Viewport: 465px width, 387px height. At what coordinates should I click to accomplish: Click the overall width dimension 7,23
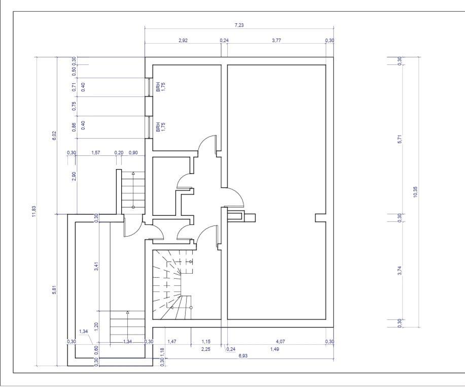point(239,25)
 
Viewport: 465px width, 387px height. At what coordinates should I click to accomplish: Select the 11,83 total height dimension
point(34,211)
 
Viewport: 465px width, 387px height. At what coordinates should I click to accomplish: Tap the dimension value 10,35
point(415,192)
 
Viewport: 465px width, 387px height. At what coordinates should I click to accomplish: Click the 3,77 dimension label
point(276,41)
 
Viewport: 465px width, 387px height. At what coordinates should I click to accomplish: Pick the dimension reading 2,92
point(183,41)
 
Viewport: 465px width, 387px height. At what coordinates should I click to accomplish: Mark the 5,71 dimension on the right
point(400,139)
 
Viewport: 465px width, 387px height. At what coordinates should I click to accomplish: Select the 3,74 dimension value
point(400,271)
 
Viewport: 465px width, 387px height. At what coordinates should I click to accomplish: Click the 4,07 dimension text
point(280,342)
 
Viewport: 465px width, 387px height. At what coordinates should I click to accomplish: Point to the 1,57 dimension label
point(95,153)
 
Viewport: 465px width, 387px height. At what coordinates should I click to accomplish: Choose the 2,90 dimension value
point(74,176)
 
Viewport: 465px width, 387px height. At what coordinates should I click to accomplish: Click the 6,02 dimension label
point(54,136)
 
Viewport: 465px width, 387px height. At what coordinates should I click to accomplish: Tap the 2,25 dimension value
point(205,349)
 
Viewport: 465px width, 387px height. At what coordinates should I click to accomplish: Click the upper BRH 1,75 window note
point(161,86)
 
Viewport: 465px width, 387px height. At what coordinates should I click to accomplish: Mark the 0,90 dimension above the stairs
point(133,153)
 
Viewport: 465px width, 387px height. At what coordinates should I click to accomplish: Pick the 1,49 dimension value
point(275,349)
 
